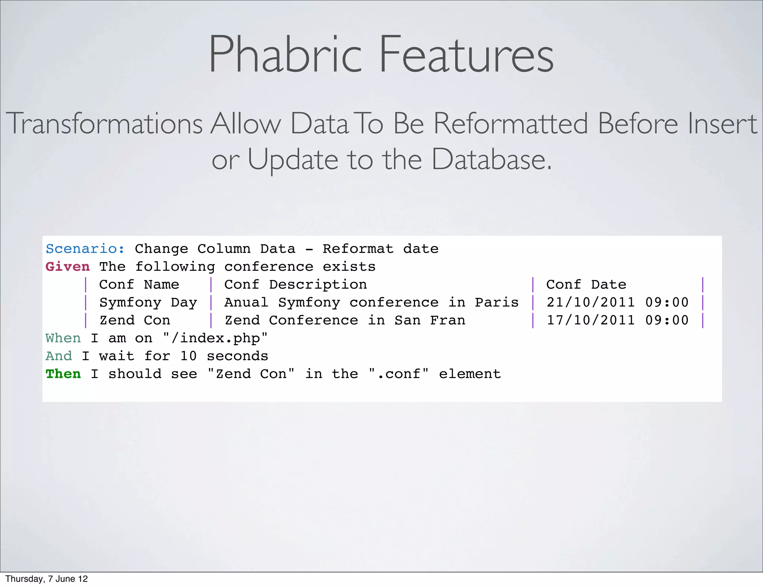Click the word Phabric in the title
click(x=285, y=55)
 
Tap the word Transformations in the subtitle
click(x=104, y=124)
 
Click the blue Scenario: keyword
click(x=85, y=249)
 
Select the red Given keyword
click(x=67, y=267)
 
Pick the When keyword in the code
click(x=63, y=338)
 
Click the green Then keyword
click(x=63, y=374)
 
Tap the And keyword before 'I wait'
click(x=58, y=356)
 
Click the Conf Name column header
click(x=139, y=285)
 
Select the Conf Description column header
click(x=295, y=285)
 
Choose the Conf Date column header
click(x=586, y=285)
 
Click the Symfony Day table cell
click(x=148, y=302)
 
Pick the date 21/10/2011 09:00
click(x=617, y=302)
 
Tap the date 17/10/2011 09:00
click(x=617, y=320)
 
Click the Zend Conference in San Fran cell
click(x=345, y=320)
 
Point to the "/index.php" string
click(x=215, y=338)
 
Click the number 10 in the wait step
click(x=188, y=356)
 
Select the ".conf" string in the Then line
click(x=399, y=374)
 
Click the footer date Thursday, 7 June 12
click(x=47, y=579)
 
